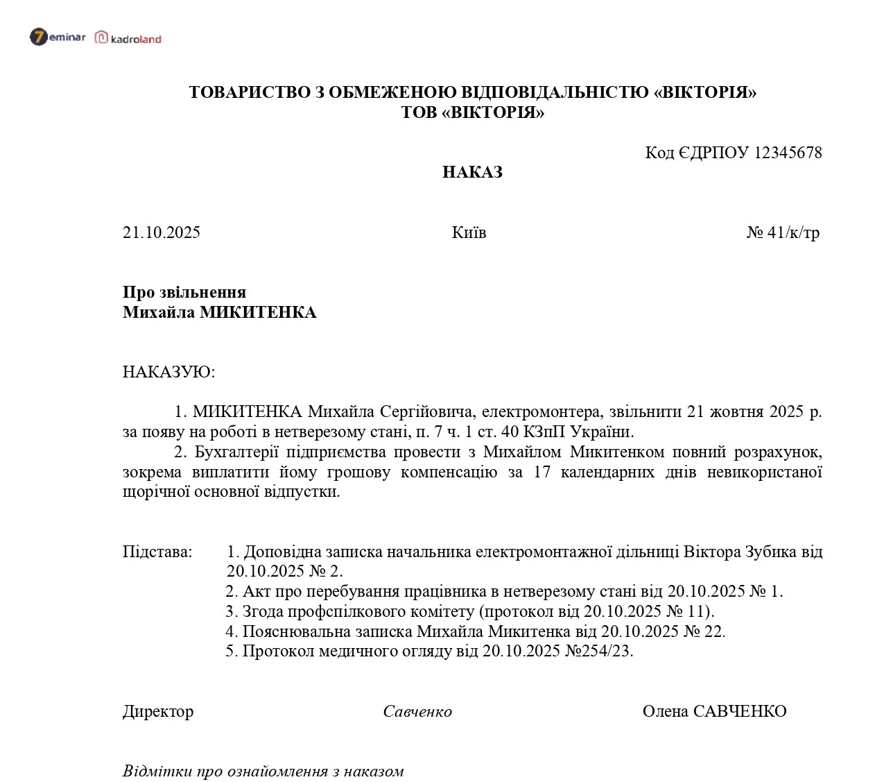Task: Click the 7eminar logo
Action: point(58,37)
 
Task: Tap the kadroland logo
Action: point(128,38)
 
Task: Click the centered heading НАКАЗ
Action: point(472,172)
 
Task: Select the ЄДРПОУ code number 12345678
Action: point(788,153)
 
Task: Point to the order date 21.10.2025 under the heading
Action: point(162,232)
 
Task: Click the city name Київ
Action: point(469,232)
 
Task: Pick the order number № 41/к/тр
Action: point(783,232)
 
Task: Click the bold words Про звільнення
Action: point(184,292)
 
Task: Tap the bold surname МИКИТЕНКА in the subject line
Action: point(258,312)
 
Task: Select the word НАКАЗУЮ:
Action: point(169,372)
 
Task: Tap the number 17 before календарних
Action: point(541,472)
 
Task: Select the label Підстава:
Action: point(157,552)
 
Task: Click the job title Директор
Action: point(158,711)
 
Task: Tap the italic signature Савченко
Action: point(417,711)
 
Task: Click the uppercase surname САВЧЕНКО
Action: point(740,711)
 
